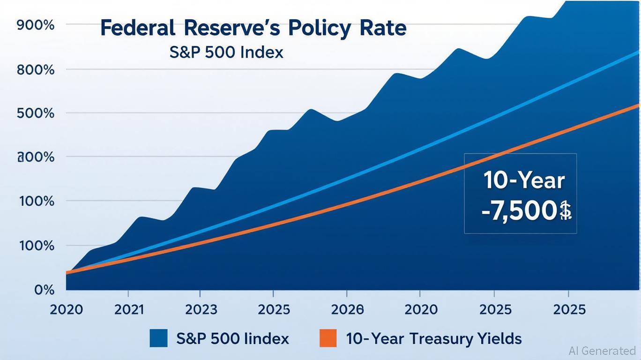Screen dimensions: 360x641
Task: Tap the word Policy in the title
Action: pos(319,29)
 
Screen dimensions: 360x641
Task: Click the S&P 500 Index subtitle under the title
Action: pos(226,52)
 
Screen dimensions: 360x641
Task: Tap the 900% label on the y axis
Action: pos(36,25)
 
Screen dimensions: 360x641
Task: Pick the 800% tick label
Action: pos(36,71)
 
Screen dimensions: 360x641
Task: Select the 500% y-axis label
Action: pos(36,114)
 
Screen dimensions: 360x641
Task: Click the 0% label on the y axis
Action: pos(44,289)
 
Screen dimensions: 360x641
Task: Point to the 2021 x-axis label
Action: pos(128,309)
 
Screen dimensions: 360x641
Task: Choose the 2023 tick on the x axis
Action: pos(201,309)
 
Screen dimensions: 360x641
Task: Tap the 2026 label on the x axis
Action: pos(347,309)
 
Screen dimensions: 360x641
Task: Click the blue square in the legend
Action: pos(158,338)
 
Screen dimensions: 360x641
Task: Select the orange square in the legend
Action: pos(328,338)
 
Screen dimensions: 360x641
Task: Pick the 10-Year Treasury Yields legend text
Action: pos(433,338)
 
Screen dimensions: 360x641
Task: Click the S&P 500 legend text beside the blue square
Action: pos(233,338)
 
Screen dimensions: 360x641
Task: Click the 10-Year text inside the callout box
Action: pos(524,181)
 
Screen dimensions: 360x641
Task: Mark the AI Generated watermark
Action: pos(602,350)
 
